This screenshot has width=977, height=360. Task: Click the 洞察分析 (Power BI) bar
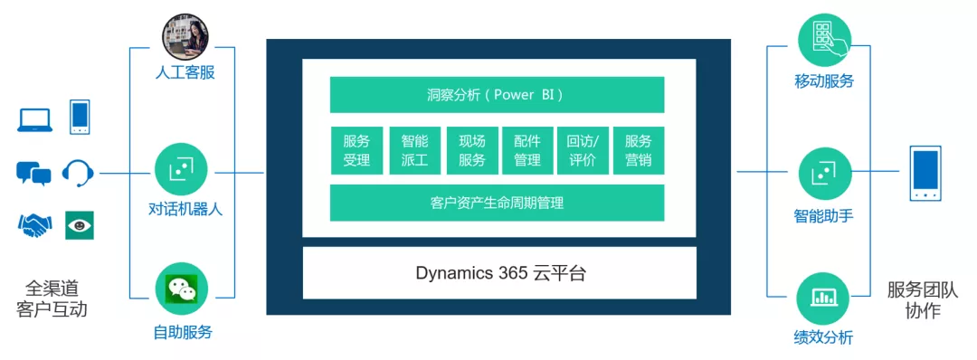[497, 95]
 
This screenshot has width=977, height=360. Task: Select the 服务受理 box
[356, 150]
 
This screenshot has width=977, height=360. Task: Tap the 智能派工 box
[413, 150]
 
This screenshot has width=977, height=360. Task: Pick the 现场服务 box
[471, 150]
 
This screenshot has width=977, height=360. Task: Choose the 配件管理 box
[526, 150]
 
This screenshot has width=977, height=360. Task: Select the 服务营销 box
[638, 150]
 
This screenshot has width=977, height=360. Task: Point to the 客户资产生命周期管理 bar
[497, 203]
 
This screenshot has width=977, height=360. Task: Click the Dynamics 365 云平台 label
[499, 272]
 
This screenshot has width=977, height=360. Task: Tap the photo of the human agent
[185, 36]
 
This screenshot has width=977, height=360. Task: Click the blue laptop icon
[34, 118]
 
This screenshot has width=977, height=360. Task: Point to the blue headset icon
[78, 172]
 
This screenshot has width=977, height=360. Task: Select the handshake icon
[34, 225]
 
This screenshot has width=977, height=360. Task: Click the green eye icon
[79, 225]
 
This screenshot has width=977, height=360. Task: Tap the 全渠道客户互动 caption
[52, 298]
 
